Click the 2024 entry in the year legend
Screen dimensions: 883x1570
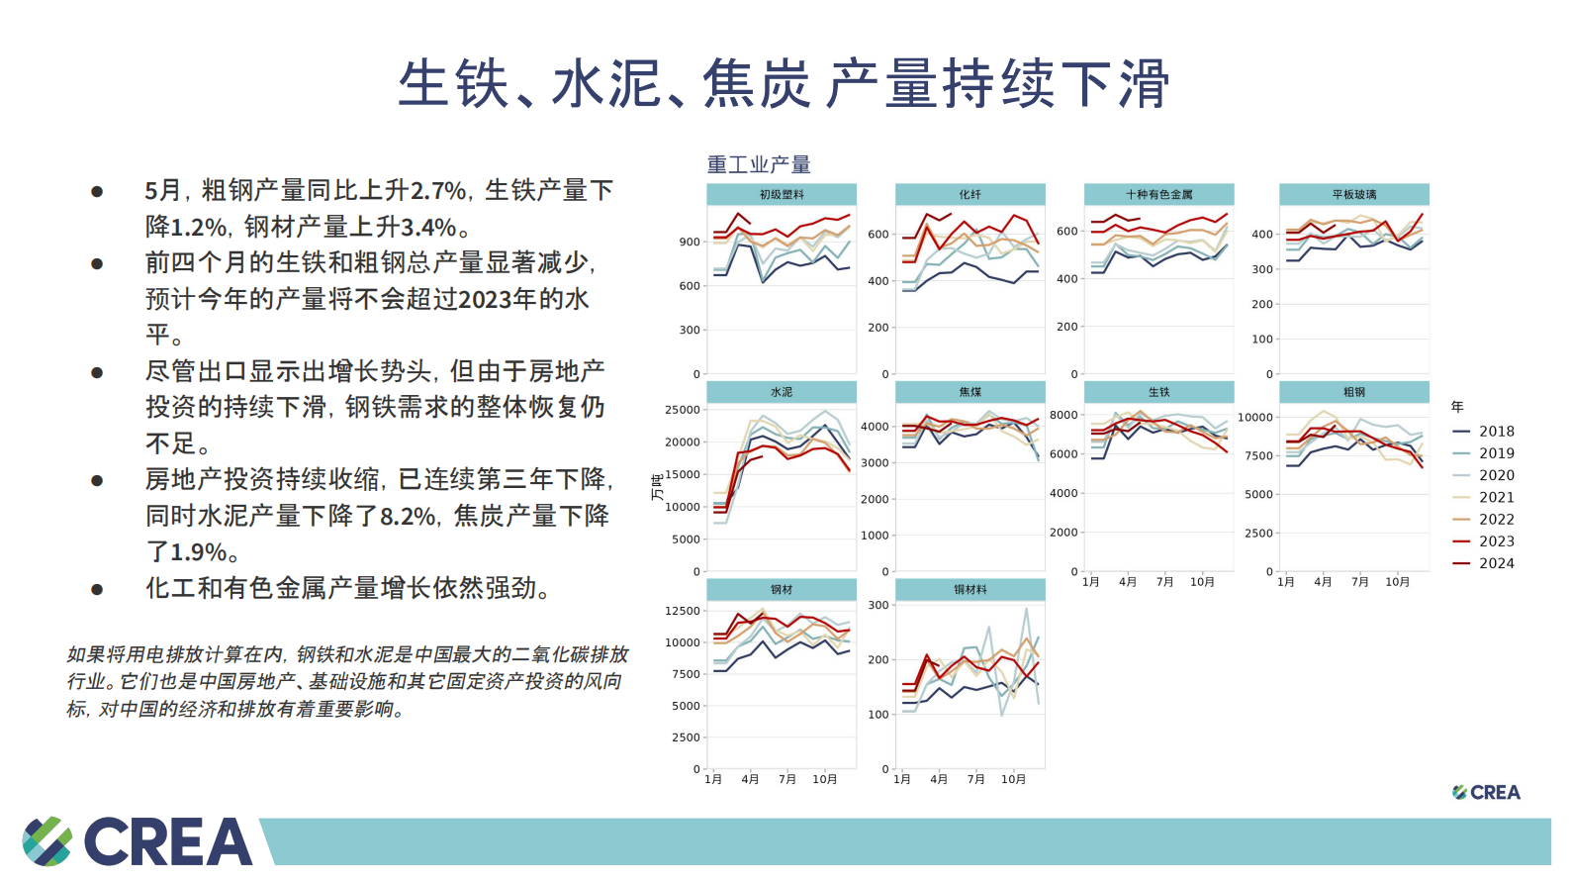pos(1496,563)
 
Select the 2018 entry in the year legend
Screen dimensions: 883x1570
pos(1496,432)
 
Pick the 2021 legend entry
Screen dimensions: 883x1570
pos(1496,497)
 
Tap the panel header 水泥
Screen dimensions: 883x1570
pos(782,392)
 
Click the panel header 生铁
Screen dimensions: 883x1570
pos(1158,392)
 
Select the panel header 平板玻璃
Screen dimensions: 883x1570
pos(1353,194)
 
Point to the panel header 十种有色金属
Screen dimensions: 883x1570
pos(1158,194)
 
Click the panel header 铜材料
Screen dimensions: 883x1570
pos(970,589)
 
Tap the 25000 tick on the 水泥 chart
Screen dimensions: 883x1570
pos(683,410)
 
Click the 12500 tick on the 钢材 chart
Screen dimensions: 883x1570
pos(683,611)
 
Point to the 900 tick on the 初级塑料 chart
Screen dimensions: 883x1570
pos(690,242)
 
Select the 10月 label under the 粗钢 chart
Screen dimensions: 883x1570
pos(1397,582)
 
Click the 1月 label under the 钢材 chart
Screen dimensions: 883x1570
pos(713,779)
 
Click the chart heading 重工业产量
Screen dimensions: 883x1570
pos(759,164)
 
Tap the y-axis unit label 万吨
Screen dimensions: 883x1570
pos(657,488)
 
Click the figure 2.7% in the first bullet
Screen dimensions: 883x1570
pos(438,190)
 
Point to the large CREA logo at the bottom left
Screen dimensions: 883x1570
pos(139,841)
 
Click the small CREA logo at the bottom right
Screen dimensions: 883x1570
pos(1486,792)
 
